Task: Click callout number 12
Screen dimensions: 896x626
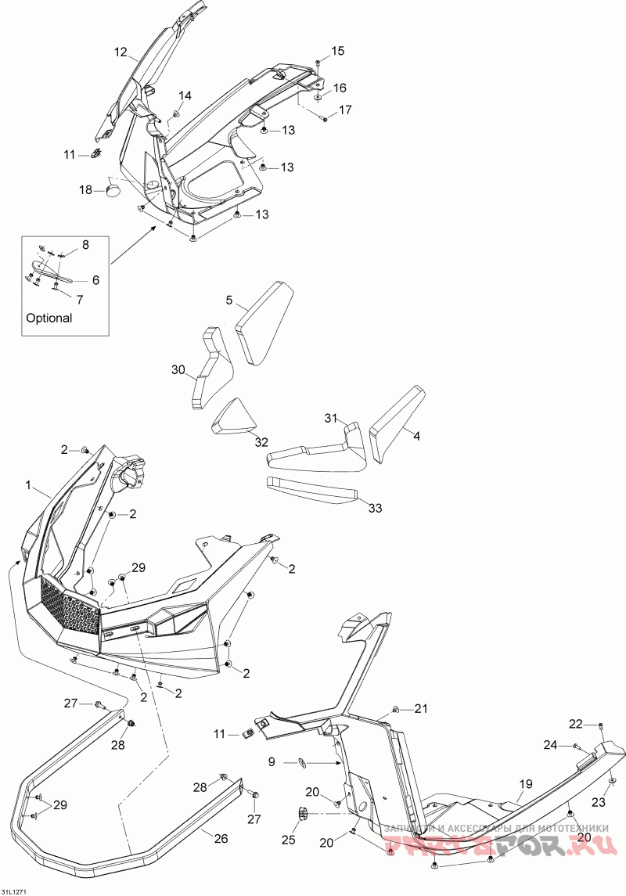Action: pyautogui.click(x=121, y=52)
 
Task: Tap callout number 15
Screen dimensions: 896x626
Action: pyautogui.click(x=337, y=51)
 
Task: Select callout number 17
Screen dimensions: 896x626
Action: pyautogui.click(x=345, y=110)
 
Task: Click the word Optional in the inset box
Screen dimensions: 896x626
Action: pyautogui.click(x=49, y=318)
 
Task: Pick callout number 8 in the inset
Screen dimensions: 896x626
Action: pyautogui.click(x=85, y=245)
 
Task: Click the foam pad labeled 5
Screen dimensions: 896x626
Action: pyautogui.click(x=264, y=321)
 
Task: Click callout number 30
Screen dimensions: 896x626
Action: pyautogui.click(x=179, y=369)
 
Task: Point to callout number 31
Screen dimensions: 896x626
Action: pyautogui.click(x=331, y=418)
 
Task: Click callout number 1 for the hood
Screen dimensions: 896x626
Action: pyautogui.click(x=29, y=486)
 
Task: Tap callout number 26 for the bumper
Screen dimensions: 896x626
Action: pyautogui.click(x=221, y=839)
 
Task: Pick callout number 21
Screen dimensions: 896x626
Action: pyautogui.click(x=422, y=709)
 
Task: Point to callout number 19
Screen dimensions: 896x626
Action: pyautogui.click(x=525, y=783)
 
